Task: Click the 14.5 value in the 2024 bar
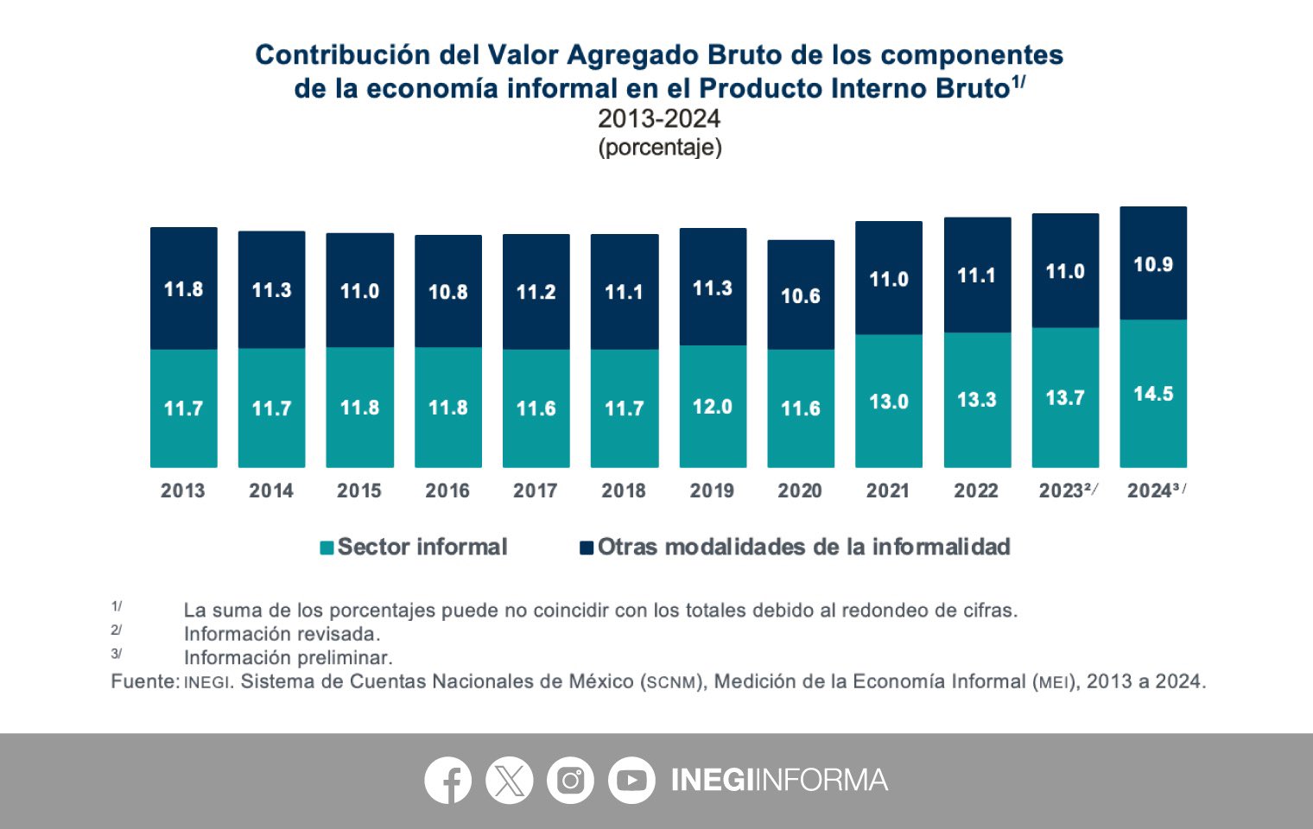tap(1153, 394)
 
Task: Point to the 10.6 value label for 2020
tap(801, 296)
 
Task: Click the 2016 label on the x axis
tap(447, 490)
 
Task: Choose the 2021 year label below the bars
tap(888, 490)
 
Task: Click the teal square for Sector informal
tap(327, 547)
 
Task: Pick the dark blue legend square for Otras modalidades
tap(587, 547)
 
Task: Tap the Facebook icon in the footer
tap(447, 781)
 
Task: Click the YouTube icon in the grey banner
tap(631, 781)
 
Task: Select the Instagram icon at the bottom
tap(570, 781)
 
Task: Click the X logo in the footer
tap(509, 781)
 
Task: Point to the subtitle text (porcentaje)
tap(660, 147)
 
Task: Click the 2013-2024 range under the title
tap(659, 118)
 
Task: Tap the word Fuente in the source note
tap(143, 681)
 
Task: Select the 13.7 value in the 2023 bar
tap(1065, 398)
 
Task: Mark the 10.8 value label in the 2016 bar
tap(448, 292)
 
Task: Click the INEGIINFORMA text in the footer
tap(779, 781)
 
